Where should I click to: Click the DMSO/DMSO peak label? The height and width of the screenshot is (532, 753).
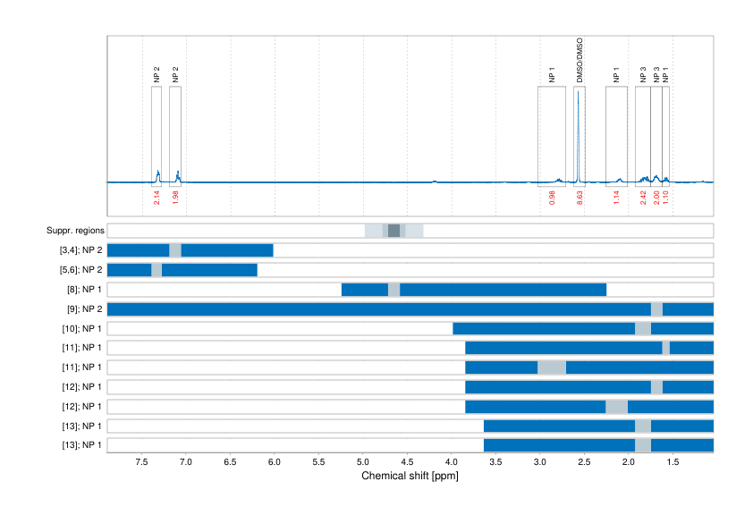pyautogui.click(x=580, y=61)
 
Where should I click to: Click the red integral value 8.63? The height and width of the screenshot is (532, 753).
pyautogui.click(x=580, y=198)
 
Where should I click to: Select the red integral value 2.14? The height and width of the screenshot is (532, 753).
pyautogui.click(x=157, y=198)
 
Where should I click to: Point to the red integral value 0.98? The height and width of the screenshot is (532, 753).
pyautogui.click(x=552, y=198)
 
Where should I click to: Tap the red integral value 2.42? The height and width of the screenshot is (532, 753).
pyautogui.click(x=643, y=198)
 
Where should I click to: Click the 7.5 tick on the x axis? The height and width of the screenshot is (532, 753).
pyautogui.click(x=141, y=463)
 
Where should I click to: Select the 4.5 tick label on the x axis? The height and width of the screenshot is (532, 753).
pyautogui.click(x=407, y=463)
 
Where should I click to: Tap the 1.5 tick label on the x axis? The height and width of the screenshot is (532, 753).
pyautogui.click(x=673, y=463)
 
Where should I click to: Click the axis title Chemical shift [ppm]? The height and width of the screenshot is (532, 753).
pyautogui.click(x=410, y=476)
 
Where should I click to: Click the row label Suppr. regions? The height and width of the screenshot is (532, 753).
pyautogui.click(x=75, y=231)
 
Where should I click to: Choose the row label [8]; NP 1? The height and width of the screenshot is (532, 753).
pyautogui.click(x=80, y=290)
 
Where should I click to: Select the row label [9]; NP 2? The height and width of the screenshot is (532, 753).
pyautogui.click(x=80, y=309)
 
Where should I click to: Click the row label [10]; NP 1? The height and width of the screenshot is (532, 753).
pyautogui.click(x=78, y=329)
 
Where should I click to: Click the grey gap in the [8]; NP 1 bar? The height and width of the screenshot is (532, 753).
pyautogui.click(x=393, y=290)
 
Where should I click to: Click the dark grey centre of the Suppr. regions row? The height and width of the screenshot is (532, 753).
pyautogui.click(x=393, y=231)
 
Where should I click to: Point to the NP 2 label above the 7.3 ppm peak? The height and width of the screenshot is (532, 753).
pyautogui.click(x=157, y=75)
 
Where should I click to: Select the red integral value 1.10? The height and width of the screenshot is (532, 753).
pyautogui.click(x=665, y=198)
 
